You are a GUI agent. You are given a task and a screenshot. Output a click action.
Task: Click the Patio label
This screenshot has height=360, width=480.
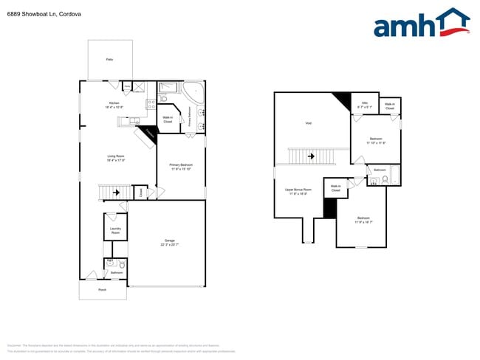(x=109, y=58)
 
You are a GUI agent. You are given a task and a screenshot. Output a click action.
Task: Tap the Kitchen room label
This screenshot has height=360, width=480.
(x=114, y=103)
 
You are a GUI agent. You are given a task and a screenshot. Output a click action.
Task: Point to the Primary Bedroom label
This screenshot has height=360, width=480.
(x=181, y=165)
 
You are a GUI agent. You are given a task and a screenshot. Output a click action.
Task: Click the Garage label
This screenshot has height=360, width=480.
(x=170, y=240)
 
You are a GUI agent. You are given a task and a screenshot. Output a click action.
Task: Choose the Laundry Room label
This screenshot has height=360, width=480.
(x=115, y=230)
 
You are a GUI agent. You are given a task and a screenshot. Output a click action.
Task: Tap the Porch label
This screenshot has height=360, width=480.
(x=103, y=290)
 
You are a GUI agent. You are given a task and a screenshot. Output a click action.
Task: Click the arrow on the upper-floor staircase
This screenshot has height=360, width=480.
(x=310, y=156)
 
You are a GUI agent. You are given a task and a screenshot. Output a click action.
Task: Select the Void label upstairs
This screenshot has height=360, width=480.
(x=308, y=122)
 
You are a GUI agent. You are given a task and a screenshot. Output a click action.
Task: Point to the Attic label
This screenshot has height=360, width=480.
(x=364, y=103)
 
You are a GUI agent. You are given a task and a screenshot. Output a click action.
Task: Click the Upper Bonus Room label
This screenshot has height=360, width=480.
(x=298, y=190)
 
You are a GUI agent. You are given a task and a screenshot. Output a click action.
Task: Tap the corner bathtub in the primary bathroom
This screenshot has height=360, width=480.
(x=196, y=93)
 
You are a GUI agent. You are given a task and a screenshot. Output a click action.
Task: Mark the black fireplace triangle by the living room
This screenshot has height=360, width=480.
(x=150, y=133)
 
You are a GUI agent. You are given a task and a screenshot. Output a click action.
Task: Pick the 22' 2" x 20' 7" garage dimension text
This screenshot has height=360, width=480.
(x=170, y=244)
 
